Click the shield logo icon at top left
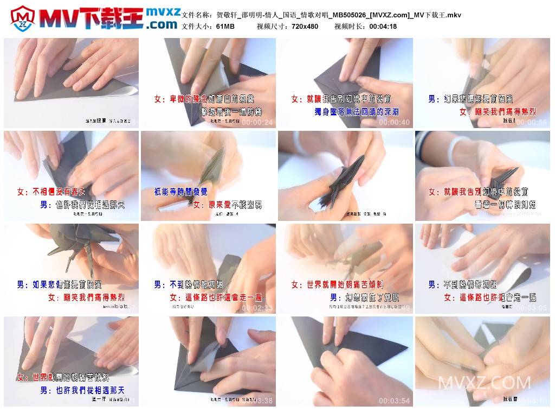tap(22, 19)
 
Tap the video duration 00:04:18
tap(383, 26)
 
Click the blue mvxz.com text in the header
tap(162, 18)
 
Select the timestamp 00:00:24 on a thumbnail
tap(257, 123)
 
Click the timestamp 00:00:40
tap(395, 123)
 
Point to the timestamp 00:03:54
tap(395, 401)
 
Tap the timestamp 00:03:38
tap(257, 401)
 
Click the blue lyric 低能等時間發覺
tap(180, 192)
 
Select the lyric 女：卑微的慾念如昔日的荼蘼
tap(205, 99)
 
